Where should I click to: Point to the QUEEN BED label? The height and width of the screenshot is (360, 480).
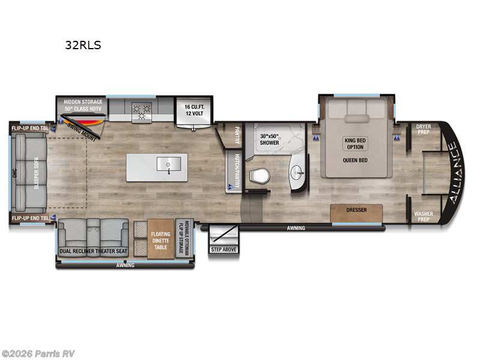[355, 160]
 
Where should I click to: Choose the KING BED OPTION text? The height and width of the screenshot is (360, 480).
[355, 144]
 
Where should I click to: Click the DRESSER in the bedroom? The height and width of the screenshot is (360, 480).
[356, 211]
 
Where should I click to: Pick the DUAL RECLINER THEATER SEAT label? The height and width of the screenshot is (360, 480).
[93, 251]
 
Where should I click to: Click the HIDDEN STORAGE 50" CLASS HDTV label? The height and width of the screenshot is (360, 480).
[83, 106]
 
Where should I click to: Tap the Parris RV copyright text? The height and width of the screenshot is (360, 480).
[38, 353]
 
